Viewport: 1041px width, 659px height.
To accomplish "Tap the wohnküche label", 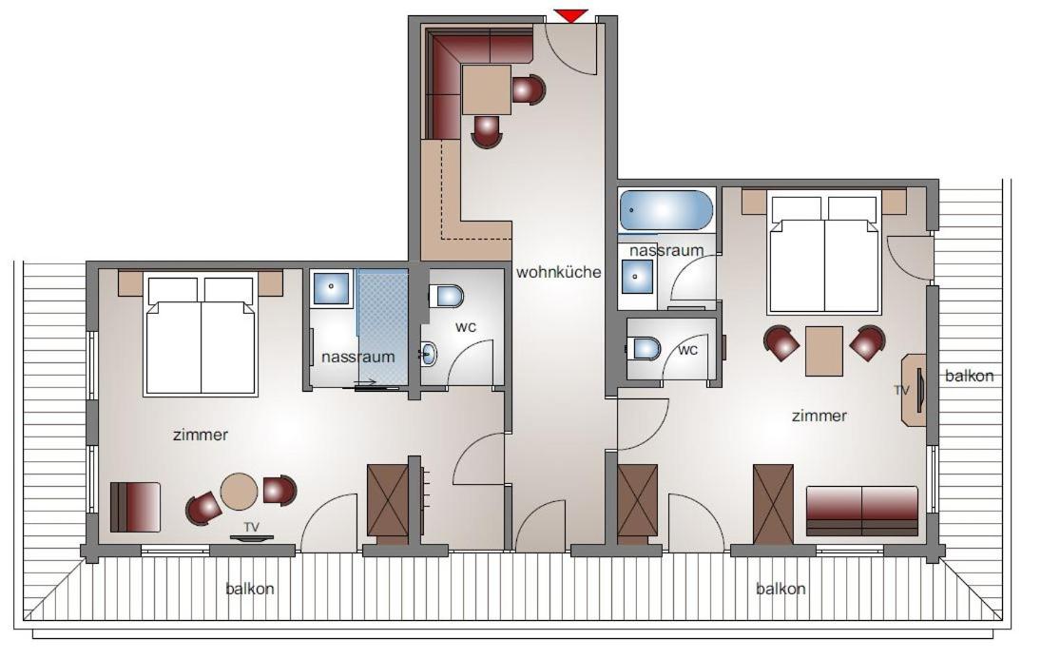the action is (x=558, y=272).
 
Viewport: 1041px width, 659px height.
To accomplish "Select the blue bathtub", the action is (x=665, y=210).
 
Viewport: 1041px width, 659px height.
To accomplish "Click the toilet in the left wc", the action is (x=446, y=296).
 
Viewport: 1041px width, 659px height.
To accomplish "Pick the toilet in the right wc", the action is (x=644, y=348).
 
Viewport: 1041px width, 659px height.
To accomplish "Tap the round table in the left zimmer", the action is (x=239, y=492).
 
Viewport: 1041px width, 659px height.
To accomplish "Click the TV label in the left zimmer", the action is (x=251, y=527).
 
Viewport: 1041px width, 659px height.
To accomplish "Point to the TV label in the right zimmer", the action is (x=901, y=390).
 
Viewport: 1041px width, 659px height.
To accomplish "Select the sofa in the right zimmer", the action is (x=862, y=511).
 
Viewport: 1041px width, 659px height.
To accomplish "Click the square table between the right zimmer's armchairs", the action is (x=824, y=351).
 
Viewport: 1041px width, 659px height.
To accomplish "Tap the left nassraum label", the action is (x=357, y=357).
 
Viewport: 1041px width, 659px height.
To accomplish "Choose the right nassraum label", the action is (x=665, y=250).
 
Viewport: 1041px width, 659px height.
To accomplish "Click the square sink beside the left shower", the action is (x=332, y=287).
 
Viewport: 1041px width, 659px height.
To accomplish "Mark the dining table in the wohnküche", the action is (x=487, y=89).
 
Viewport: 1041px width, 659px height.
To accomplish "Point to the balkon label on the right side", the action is (x=970, y=376).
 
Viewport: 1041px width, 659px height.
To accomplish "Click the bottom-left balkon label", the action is (x=250, y=589).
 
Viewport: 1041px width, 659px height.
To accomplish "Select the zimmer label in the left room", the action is (x=201, y=436).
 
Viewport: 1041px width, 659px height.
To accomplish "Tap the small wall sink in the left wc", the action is (x=429, y=354).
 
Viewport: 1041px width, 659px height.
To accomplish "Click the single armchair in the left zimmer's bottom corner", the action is (x=135, y=507).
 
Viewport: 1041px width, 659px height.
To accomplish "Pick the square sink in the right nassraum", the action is (x=636, y=276).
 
